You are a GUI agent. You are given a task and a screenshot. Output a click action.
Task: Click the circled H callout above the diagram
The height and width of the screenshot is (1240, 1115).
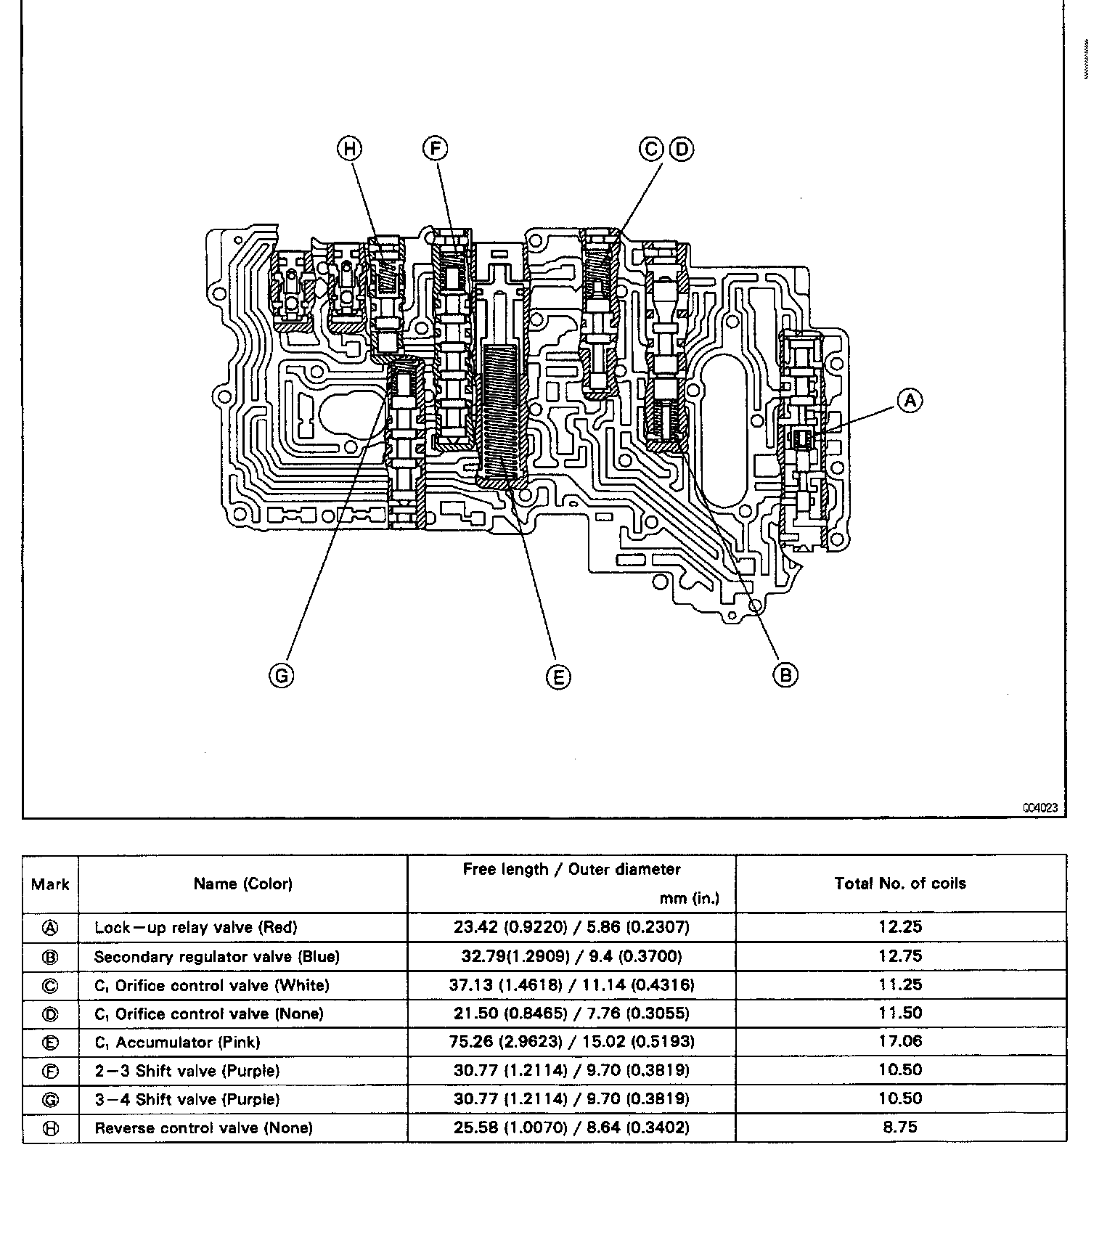click(350, 149)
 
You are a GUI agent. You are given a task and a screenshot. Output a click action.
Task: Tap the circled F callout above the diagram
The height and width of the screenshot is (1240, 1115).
click(435, 149)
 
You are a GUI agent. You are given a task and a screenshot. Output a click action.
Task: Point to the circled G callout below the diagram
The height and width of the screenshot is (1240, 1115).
click(281, 676)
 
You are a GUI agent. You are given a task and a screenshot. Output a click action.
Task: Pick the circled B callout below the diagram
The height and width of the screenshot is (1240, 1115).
click(785, 674)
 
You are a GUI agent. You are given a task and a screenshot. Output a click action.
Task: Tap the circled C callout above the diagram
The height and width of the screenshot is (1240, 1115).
click(651, 149)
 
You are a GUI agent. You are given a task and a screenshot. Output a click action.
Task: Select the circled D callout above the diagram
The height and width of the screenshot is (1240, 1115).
click(681, 149)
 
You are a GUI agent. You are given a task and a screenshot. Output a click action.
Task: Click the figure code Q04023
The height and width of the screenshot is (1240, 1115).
click(1040, 807)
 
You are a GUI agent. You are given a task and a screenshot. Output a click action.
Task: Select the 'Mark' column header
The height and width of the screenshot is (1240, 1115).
click(50, 884)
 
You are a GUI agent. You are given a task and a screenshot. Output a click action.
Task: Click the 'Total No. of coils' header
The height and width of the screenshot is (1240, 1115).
click(900, 884)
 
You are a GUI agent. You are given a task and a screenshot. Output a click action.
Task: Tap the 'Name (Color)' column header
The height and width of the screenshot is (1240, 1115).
click(242, 884)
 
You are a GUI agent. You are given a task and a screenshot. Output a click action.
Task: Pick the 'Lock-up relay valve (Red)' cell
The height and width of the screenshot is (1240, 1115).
click(195, 927)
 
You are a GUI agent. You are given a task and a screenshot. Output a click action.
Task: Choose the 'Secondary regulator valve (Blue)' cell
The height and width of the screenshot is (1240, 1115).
click(216, 956)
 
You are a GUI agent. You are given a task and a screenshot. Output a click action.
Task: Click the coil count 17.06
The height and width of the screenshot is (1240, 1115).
click(900, 1041)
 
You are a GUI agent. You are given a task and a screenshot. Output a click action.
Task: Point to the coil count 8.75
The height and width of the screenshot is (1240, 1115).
click(900, 1127)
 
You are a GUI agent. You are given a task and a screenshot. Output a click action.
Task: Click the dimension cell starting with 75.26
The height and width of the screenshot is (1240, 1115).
click(571, 1042)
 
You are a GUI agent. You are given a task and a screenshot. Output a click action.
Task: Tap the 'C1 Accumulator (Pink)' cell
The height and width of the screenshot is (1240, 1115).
click(177, 1042)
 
